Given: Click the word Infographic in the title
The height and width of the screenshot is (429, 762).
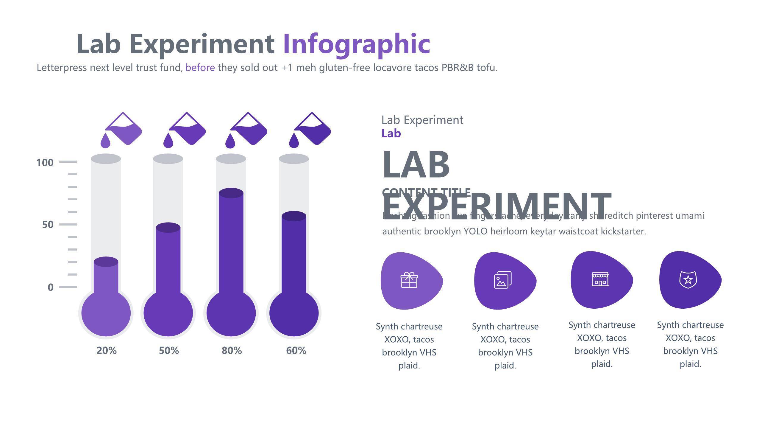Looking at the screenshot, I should (x=357, y=44).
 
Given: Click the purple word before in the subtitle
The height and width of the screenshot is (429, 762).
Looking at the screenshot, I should (x=200, y=68).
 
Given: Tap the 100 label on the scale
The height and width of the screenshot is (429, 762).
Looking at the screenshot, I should (x=45, y=163).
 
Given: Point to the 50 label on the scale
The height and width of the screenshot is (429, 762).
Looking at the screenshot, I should (x=48, y=225).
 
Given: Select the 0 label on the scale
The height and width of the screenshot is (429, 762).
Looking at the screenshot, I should (x=51, y=287).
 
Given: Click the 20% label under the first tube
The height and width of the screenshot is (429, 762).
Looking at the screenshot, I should (x=107, y=351).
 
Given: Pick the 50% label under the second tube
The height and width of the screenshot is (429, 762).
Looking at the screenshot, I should (x=169, y=351).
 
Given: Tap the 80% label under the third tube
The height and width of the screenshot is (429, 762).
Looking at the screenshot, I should (x=232, y=351).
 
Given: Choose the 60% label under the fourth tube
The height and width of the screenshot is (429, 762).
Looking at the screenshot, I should (x=296, y=351).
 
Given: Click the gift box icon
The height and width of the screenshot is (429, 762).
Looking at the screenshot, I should (x=409, y=280).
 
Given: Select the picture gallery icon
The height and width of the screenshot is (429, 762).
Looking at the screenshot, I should (x=503, y=280).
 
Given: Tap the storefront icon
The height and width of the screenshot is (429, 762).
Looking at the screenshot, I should (x=600, y=279).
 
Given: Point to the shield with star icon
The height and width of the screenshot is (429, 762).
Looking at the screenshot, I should (x=688, y=279).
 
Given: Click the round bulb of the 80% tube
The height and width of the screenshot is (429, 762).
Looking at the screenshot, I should (x=231, y=313).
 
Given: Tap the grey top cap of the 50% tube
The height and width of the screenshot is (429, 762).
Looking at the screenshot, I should (x=168, y=159).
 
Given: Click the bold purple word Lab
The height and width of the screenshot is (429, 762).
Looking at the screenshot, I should (x=391, y=133).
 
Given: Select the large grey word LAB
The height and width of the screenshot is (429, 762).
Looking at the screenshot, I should (x=416, y=164).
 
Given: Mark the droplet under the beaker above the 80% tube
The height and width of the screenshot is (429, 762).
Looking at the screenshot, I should (x=230, y=141).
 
